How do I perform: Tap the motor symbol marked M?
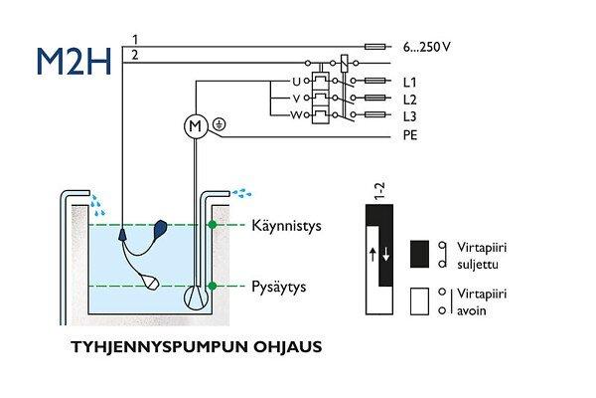point(195,125)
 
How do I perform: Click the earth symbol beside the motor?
point(219,125)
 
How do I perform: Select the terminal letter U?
point(295,81)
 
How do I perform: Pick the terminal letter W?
point(295,115)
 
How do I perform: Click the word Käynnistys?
point(287,226)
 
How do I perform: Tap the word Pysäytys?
point(279,287)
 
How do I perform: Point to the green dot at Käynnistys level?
point(212,226)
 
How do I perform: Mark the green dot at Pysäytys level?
point(212,287)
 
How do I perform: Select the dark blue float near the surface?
point(162,231)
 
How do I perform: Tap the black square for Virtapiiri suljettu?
point(417,252)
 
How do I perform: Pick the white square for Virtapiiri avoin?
point(417,301)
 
